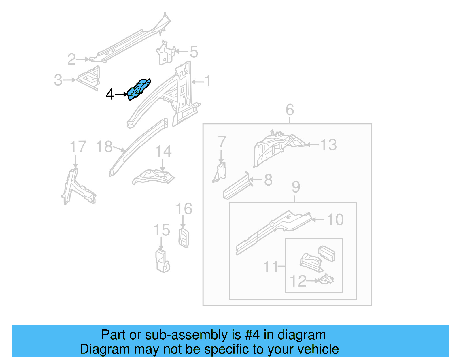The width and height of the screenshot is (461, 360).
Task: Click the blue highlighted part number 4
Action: [139, 89]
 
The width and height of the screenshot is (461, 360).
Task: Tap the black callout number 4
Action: [109, 94]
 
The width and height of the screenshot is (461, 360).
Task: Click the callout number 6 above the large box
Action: [290, 110]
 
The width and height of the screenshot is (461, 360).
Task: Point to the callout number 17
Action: [78, 147]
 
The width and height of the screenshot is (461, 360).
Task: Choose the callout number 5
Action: [194, 52]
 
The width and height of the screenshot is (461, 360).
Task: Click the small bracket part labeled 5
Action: [165, 53]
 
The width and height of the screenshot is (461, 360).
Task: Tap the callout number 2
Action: [71, 59]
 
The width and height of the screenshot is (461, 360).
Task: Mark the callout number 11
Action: [271, 267]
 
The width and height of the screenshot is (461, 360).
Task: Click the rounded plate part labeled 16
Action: [184, 238]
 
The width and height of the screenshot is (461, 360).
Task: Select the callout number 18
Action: [104, 147]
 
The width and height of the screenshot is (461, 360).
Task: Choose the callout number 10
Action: [335, 220]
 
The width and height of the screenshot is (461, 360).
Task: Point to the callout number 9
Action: [296, 187]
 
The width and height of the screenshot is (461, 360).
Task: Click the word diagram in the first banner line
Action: [302, 335]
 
